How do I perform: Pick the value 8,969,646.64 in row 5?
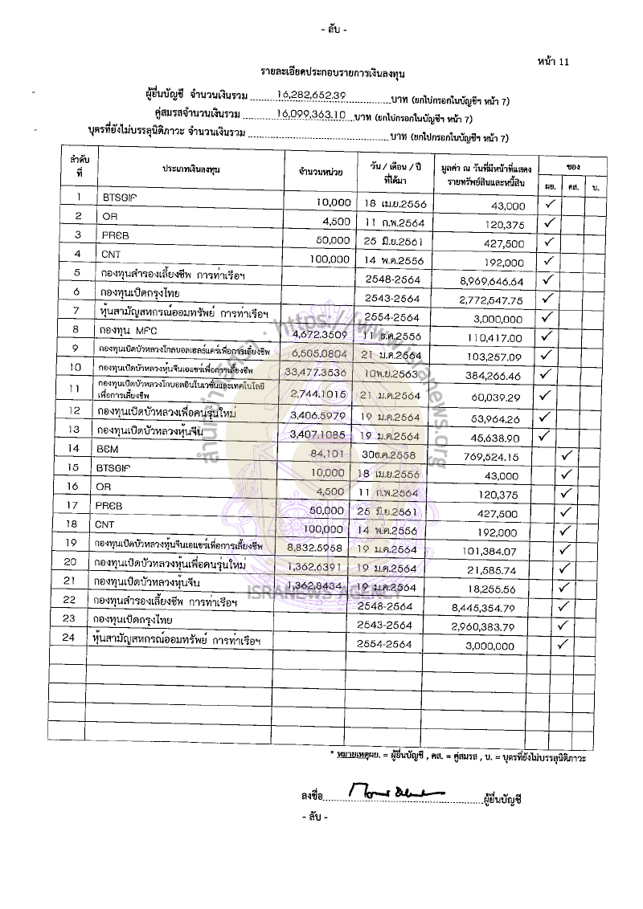tap(488, 282)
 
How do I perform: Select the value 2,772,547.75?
tap(488, 300)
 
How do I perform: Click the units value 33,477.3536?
tap(319, 372)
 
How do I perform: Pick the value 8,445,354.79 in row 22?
tap(488, 606)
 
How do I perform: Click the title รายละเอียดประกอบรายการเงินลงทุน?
tap(332, 73)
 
